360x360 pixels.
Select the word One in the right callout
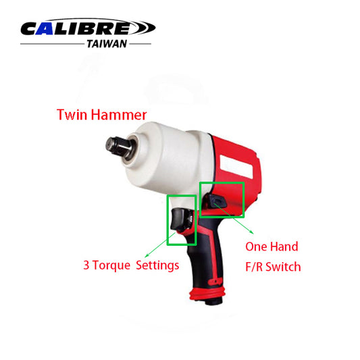coord(256,247)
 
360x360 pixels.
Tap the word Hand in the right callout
coord(286,247)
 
